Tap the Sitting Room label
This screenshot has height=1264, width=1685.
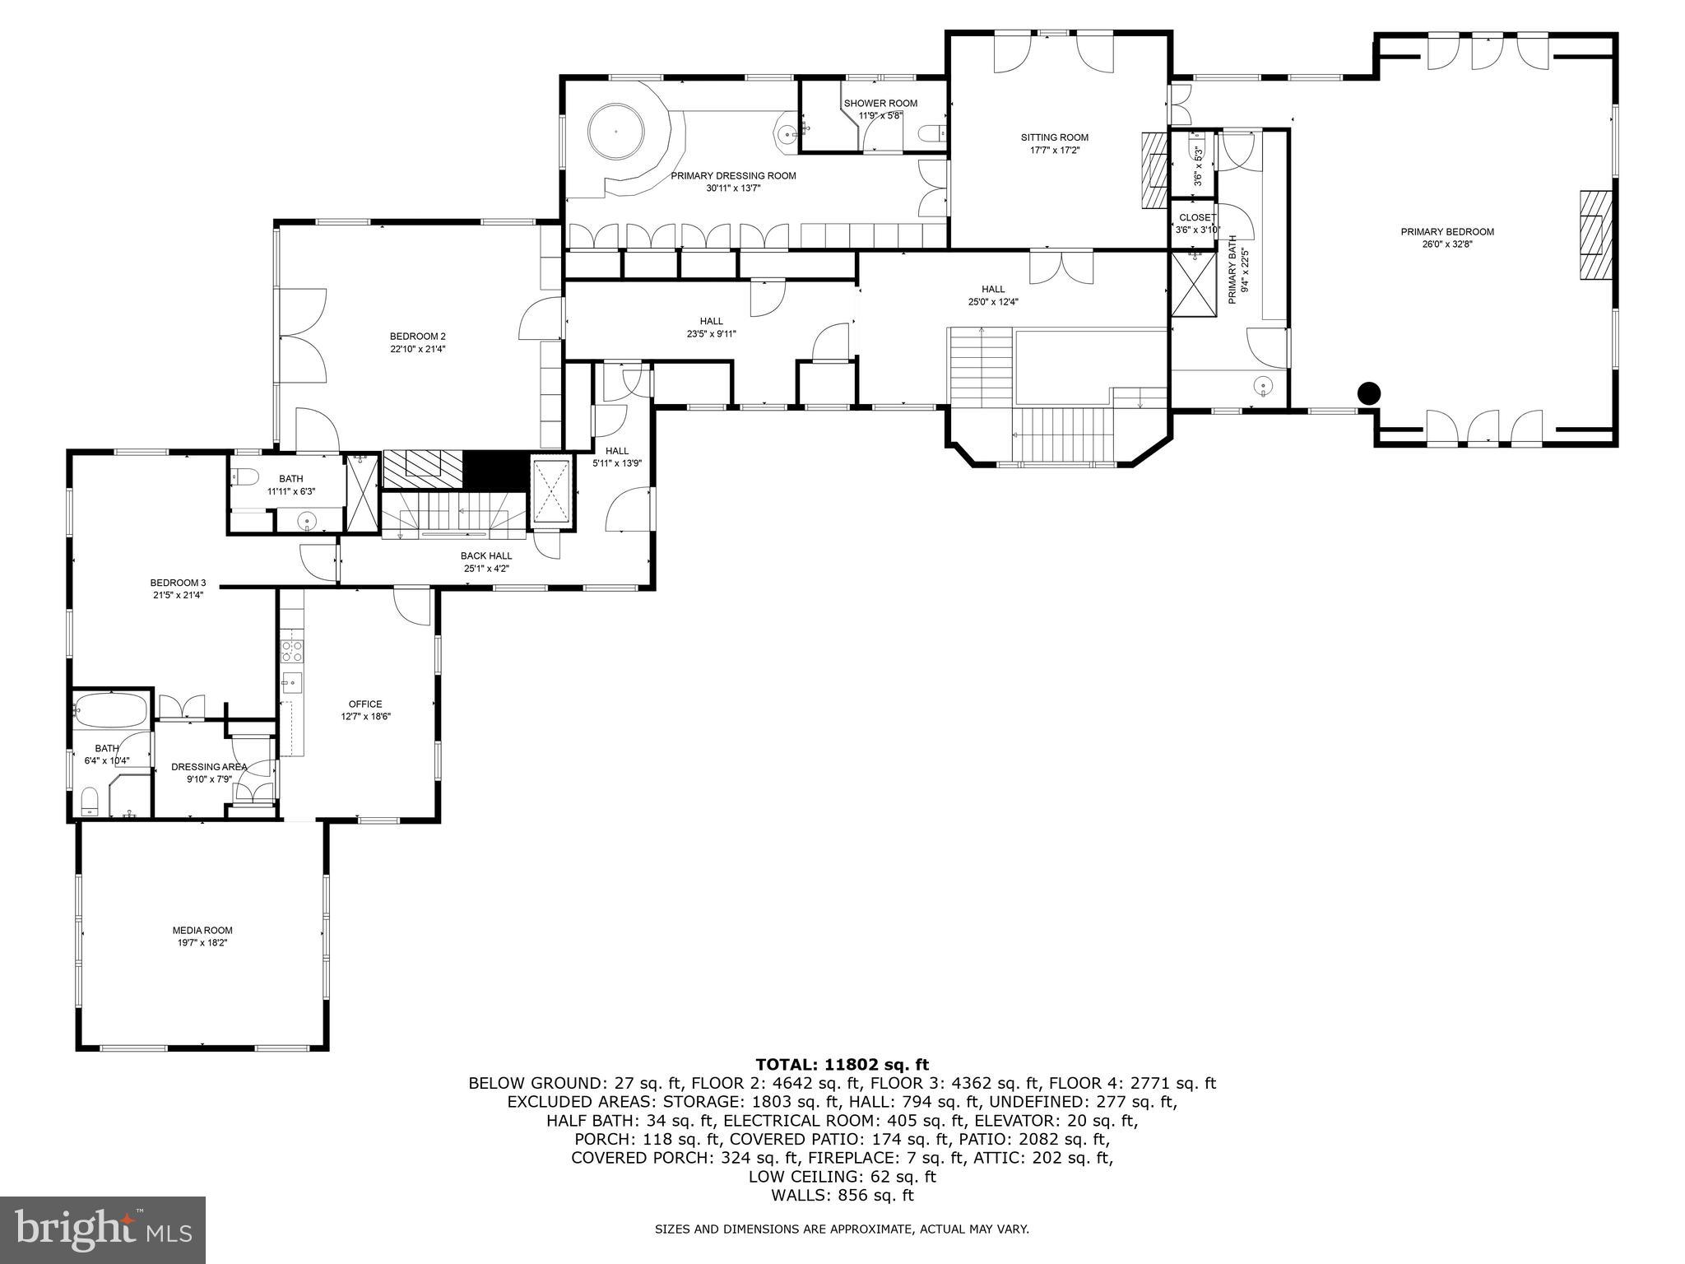tap(1055, 137)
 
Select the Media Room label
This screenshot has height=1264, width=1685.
tap(197, 931)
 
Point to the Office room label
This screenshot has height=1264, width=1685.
tap(365, 704)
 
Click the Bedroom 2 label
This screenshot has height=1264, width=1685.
tap(418, 336)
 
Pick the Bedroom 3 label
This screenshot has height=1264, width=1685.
tap(178, 583)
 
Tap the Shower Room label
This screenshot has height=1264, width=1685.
tap(880, 103)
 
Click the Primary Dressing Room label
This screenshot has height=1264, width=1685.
tap(733, 175)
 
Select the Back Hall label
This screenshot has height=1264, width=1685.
tap(486, 555)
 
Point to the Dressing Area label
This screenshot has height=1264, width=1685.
tap(209, 767)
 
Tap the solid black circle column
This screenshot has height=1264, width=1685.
tap(1368, 394)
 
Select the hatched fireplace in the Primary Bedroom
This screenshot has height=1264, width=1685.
tap(1594, 235)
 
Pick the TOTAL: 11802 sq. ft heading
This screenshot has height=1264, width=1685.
tap(842, 1065)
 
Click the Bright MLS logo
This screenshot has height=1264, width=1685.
tap(103, 1230)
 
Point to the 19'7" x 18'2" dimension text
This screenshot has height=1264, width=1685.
tap(197, 943)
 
